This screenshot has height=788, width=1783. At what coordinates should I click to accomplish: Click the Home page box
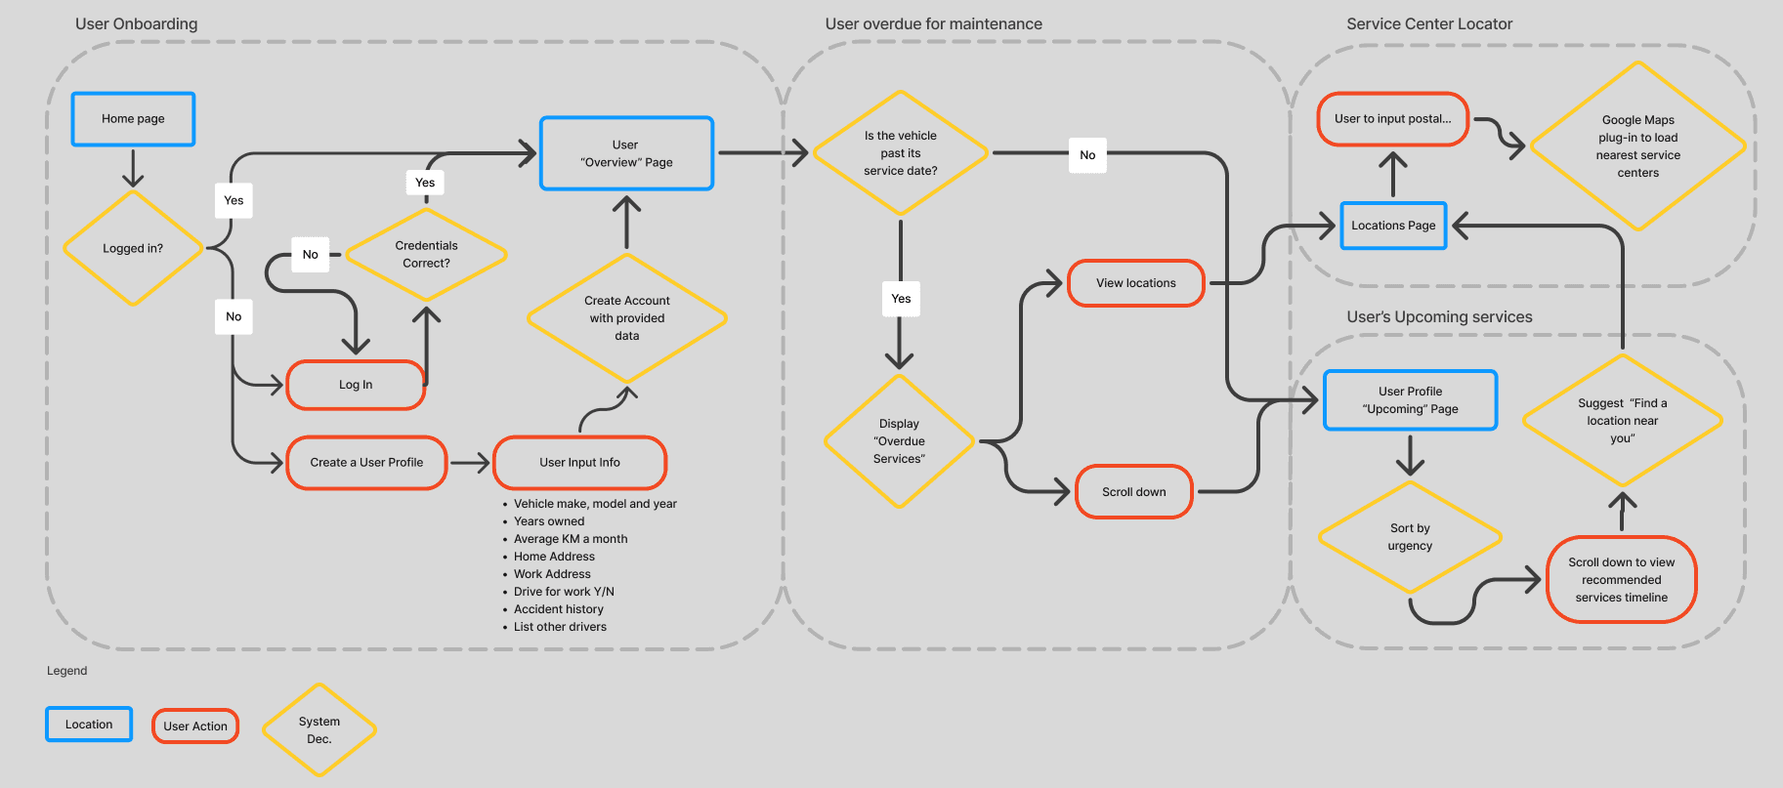click(133, 119)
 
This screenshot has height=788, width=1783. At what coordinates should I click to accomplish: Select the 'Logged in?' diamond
click(133, 248)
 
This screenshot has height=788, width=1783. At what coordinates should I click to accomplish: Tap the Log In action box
click(356, 385)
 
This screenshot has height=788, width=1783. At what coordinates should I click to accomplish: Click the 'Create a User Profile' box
click(366, 463)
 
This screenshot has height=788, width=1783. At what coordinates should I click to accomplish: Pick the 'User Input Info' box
click(579, 463)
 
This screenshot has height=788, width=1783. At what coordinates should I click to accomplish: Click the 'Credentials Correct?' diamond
click(426, 254)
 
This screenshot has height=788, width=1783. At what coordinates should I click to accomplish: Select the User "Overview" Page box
click(626, 153)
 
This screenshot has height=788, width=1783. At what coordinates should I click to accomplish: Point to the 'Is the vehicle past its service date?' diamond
click(900, 153)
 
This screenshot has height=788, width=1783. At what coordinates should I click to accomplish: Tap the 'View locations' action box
click(1135, 283)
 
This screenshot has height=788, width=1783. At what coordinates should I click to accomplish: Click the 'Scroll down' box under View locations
click(1133, 492)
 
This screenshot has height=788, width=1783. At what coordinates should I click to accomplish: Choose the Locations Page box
click(1393, 226)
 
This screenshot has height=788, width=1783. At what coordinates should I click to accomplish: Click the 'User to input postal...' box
click(1392, 119)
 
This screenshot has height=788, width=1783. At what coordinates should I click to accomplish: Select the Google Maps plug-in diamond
click(1637, 146)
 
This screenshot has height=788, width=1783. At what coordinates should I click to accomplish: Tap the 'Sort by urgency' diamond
click(1410, 537)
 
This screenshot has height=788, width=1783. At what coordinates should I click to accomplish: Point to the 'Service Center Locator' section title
click(1428, 24)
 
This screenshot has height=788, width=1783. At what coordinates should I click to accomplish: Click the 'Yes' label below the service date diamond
click(901, 299)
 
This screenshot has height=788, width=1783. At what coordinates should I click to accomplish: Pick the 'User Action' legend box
click(195, 726)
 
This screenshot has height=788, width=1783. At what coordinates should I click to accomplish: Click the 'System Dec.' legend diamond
click(319, 730)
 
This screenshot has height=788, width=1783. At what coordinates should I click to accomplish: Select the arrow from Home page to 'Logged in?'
click(133, 168)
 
